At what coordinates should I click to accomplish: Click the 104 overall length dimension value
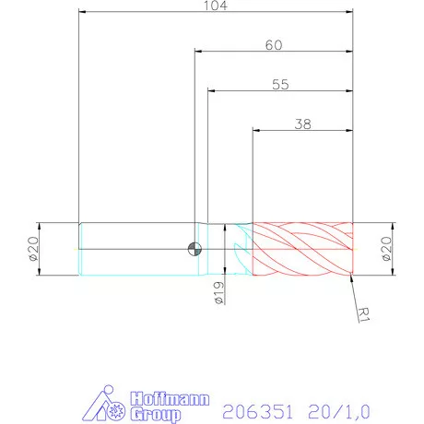tap(216, 6)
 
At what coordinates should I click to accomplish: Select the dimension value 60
tap(274, 44)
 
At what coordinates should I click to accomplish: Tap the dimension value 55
tap(281, 84)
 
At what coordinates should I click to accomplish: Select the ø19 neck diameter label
tap(218, 293)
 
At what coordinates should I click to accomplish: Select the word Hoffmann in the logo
tap(169, 398)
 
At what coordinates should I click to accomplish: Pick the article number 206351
tap(255, 406)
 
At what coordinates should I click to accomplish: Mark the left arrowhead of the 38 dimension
tap(257, 132)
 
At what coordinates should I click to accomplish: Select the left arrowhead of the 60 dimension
tap(198, 53)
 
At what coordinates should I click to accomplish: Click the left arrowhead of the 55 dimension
tap(212, 91)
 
